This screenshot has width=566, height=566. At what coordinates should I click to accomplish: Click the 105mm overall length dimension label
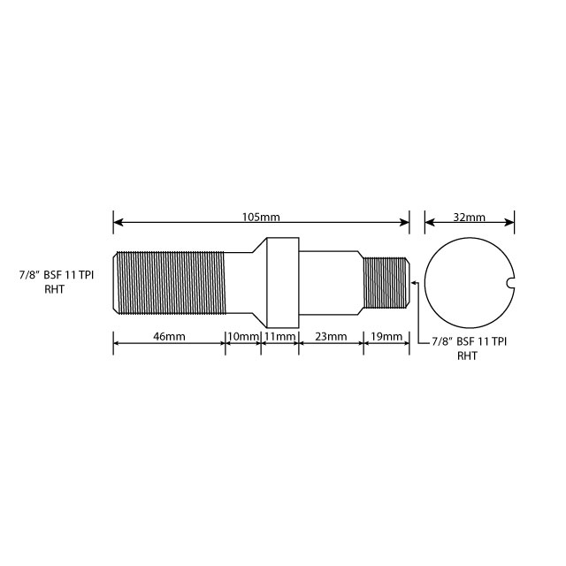tap(262, 217)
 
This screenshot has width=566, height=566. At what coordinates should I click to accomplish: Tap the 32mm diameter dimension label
tap(469, 217)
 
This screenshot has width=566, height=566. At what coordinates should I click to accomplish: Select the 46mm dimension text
tap(169, 337)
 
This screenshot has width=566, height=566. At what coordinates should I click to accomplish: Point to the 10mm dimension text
tap(243, 337)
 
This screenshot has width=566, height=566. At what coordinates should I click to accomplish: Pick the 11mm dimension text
tap(279, 337)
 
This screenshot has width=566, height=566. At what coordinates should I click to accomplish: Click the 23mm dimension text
tap(331, 337)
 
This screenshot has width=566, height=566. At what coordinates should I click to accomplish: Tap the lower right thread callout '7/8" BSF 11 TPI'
tap(469, 341)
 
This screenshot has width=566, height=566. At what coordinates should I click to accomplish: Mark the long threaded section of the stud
tap(170, 281)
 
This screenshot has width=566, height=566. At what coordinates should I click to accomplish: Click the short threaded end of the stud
tap(386, 281)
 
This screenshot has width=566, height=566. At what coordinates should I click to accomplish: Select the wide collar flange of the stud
tap(280, 281)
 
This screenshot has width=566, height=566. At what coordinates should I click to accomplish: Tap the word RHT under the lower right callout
tap(468, 356)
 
